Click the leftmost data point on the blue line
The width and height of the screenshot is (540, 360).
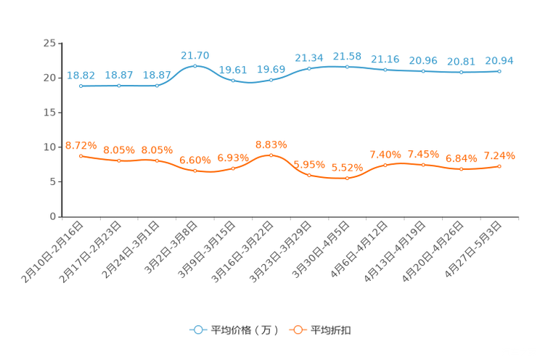[81, 86]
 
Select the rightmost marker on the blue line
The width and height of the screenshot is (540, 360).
[499, 71]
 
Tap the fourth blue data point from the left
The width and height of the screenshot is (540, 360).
[195, 65]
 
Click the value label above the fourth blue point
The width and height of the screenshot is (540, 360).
[195, 54]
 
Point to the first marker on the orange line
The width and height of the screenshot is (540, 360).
[81, 155]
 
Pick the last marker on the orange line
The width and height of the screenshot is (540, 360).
[499, 166]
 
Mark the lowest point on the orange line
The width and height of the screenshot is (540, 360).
[347, 178]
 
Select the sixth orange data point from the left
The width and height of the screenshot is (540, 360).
[271, 155]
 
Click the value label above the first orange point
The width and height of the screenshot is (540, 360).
[81, 144]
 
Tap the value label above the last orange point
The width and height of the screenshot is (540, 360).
[499, 155]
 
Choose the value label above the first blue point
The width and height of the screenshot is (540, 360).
[81, 75]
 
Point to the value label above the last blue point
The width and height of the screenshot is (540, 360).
[499, 60]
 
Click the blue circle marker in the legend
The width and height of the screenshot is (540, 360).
[197, 330]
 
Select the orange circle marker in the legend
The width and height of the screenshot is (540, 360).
[298, 330]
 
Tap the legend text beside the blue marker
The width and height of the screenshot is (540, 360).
[244, 330]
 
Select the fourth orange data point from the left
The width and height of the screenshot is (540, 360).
[195, 171]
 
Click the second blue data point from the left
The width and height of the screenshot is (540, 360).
[119, 86]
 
